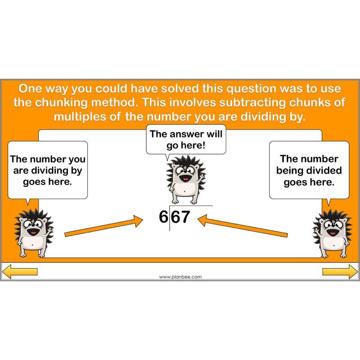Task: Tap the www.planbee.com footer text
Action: pos(180,277)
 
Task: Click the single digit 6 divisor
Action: pos(163,217)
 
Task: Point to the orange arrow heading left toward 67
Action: pos(243,226)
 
